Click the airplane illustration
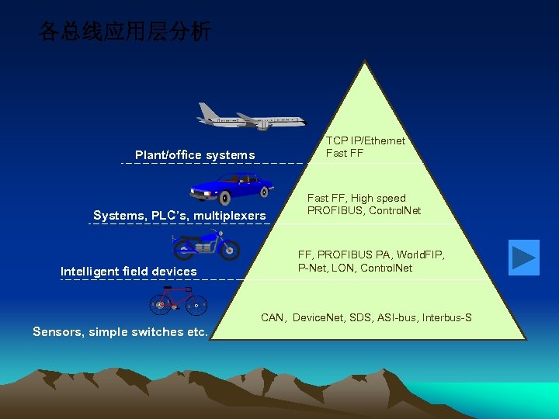point(250,117)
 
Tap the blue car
point(231,187)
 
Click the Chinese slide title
point(125,33)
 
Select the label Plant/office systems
point(195,155)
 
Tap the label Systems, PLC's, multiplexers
point(179,215)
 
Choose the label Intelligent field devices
point(129,272)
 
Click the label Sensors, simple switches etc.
point(120,332)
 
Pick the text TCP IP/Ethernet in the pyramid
point(365,140)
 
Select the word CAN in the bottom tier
point(273,318)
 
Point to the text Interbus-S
point(446,318)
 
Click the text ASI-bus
point(396,318)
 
